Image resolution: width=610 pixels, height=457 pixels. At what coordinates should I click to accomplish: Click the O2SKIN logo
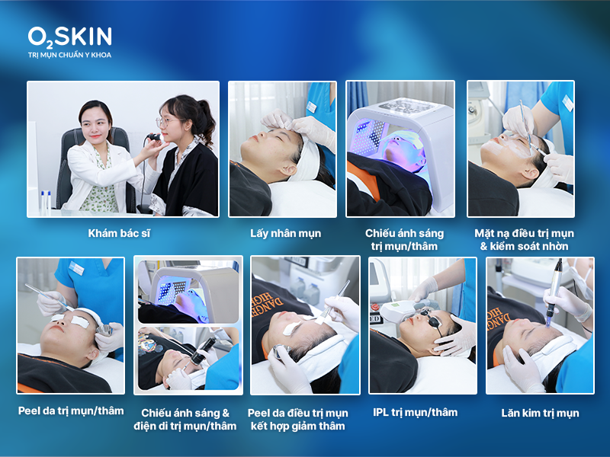click(x=69, y=36)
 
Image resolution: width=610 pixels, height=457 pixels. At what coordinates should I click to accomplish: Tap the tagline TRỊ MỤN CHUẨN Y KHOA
click(x=69, y=55)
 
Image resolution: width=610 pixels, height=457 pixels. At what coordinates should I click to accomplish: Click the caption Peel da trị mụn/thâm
click(x=71, y=411)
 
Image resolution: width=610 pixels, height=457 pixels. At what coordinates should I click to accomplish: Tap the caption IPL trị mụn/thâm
click(x=416, y=412)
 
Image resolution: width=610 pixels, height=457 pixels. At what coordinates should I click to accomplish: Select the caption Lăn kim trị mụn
click(x=540, y=413)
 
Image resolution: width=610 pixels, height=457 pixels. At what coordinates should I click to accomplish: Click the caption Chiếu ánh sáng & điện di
click(x=188, y=419)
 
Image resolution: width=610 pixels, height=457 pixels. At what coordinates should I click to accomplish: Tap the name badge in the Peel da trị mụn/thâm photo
click(x=77, y=269)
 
